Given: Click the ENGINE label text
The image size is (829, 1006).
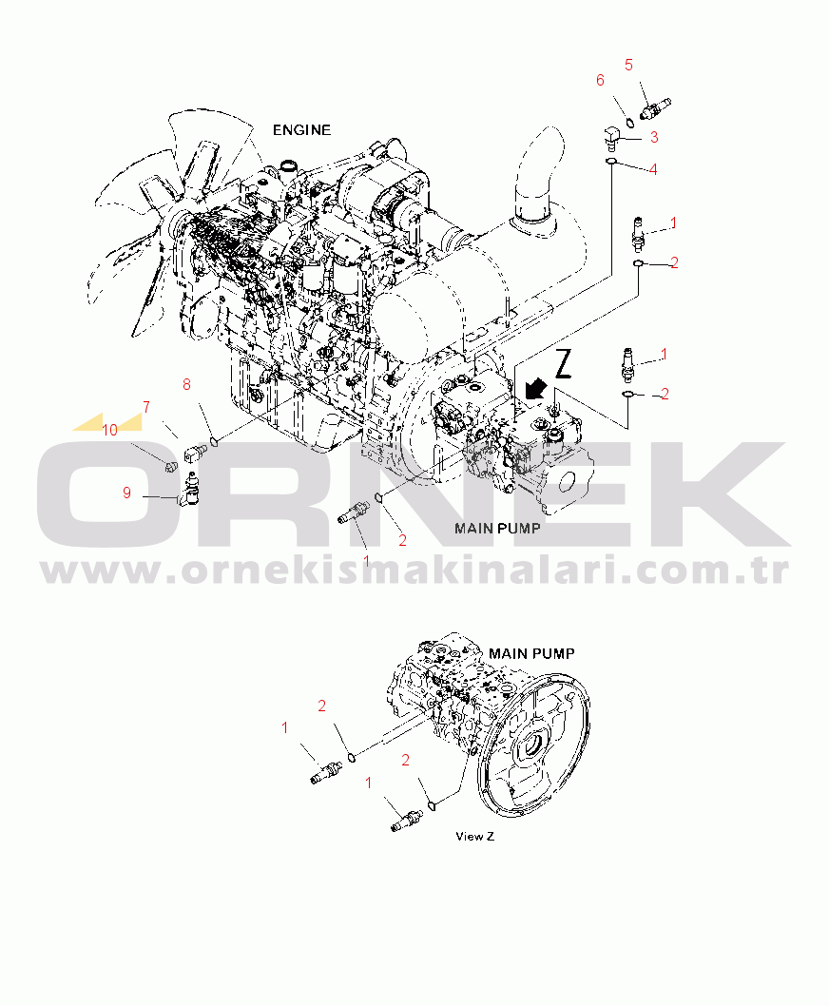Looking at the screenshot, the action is click(301, 130).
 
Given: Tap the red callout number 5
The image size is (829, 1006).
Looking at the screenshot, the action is click(628, 65).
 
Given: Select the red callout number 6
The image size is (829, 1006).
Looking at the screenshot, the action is click(600, 80).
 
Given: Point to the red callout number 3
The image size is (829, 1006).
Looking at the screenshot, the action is click(654, 137).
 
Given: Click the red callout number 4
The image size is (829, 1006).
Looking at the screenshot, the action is click(653, 169).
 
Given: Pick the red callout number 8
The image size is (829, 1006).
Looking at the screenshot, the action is click(186, 384).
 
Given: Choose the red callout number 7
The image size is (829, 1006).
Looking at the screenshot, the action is click(146, 407).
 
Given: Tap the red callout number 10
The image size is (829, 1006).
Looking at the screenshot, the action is click(110, 431).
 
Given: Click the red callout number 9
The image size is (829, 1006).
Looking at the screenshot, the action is click(127, 493).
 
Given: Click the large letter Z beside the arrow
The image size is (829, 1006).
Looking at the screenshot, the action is click(563, 363).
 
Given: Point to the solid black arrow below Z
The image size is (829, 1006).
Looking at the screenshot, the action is click(535, 388).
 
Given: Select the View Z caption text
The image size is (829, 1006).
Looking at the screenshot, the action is click(474, 836).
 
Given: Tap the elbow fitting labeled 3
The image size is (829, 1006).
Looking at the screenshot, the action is click(611, 136).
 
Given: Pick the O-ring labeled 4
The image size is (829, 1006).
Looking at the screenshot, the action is click(611, 160).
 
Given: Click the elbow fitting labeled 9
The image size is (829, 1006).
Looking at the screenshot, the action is click(191, 493).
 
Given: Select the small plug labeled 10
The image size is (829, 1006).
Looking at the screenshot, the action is click(169, 466).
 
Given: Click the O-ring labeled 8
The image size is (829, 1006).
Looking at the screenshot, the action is click(215, 441).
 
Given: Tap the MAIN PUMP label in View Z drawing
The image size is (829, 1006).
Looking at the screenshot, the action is click(531, 653).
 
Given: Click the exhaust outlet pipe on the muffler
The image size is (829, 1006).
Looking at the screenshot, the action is click(538, 177).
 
